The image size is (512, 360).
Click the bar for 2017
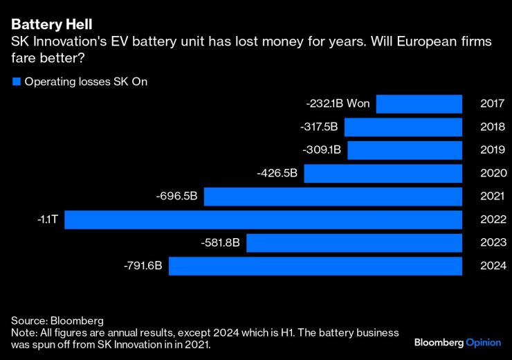coord(419,105)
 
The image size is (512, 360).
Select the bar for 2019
coord(404,150)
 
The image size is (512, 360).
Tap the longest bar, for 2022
coord(263,220)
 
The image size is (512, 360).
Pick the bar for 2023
coord(354,243)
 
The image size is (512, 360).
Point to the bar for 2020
coord(383,174)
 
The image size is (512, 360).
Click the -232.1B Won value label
coord(338,104)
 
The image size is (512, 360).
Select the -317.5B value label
coord(319,127)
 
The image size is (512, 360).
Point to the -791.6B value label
coord(143,266)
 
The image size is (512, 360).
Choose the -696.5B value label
coord(177,197)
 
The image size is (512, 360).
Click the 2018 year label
coord(493,127)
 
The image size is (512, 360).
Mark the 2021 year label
coord(493,197)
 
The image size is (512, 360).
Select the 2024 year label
coord(493,266)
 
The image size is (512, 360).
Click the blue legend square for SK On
coord(16,82)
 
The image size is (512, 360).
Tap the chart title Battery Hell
coord(51,25)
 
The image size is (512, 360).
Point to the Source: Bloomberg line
coord(57,321)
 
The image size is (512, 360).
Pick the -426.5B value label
coord(277,173)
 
